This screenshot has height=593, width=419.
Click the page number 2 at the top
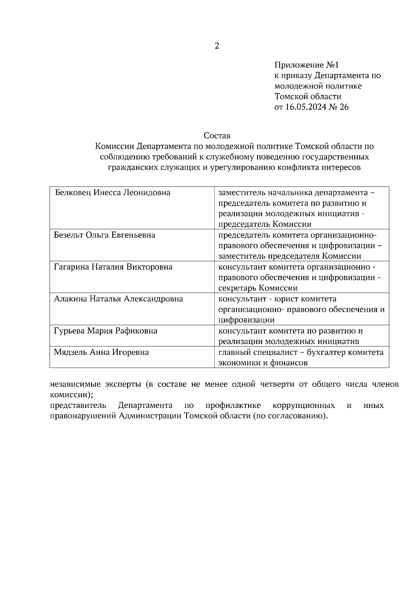pyautogui.click(x=217, y=46)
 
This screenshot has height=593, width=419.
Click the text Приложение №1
pyautogui.click(x=307, y=65)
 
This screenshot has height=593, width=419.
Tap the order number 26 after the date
pyautogui.click(x=344, y=107)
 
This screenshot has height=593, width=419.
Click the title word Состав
pyautogui.click(x=217, y=135)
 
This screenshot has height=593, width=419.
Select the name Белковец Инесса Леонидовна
pyautogui.click(x=112, y=192)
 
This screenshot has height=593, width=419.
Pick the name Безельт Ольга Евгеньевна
pyautogui.click(x=104, y=235)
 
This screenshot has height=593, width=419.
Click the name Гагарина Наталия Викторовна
pyautogui.click(x=113, y=267)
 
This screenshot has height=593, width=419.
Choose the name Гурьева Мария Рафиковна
pyautogui.click(x=105, y=331)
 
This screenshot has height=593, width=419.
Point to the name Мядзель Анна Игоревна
pyautogui.click(x=101, y=352)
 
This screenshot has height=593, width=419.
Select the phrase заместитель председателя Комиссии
pyautogui.click(x=289, y=256)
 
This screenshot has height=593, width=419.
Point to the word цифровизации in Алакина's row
pyautogui.click(x=246, y=320)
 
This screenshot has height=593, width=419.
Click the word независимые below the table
pyautogui.click(x=75, y=385)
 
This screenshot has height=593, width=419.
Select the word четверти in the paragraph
pyautogui.click(x=278, y=385)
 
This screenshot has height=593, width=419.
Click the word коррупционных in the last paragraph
pyautogui.click(x=303, y=405)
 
